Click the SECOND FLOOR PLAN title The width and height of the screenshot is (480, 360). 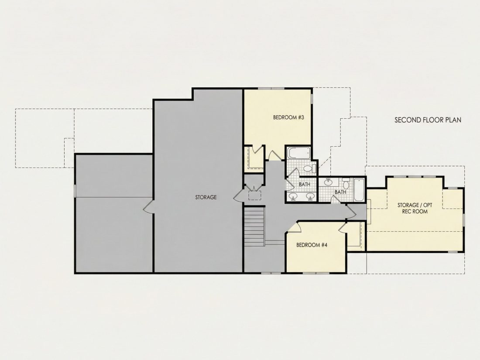click(428, 120)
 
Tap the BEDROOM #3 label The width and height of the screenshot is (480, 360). click(288, 117)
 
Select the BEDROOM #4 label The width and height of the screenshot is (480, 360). click(312, 245)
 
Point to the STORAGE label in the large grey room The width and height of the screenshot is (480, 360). click(206, 197)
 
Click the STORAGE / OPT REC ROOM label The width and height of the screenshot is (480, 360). click(415, 208)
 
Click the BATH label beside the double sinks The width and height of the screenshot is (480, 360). click(304, 184)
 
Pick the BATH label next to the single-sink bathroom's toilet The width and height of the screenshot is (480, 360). click(340, 192)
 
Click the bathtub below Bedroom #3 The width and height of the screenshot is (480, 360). click(299, 153)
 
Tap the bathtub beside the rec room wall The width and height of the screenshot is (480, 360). click(358, 190)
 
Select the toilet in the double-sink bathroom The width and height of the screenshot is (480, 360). click(310, 168)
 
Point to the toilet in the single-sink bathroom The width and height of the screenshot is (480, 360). click(346, 183)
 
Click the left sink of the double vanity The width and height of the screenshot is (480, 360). click(293, 196)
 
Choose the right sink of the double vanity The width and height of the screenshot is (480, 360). click(310, 196)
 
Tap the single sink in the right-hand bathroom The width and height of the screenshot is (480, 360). click(328, 182)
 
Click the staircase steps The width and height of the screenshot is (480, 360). click(254, 226)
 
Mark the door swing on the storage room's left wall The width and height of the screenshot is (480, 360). click(148, 207)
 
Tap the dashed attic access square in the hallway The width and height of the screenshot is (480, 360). click(254, 195)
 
